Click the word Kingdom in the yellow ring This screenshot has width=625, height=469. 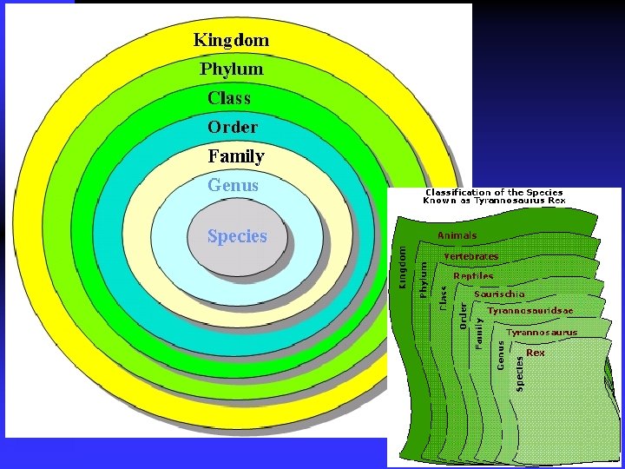click(x=231, y=39)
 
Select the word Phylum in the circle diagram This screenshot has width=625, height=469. click(x=231, y=69)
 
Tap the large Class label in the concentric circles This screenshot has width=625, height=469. click(x=229, y=97)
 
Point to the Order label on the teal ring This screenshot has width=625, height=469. click(x=233, y=127)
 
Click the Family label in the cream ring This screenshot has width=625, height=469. click(x=236, y=156)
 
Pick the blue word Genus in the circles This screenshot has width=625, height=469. click(x=233, y=185)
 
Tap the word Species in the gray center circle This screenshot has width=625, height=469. click(x=237, y=236)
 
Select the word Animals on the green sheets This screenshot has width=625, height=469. click(x=457, y=235)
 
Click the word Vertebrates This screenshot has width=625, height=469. click(x=470, y=256)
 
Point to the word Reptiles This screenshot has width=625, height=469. click(x=473, y=276)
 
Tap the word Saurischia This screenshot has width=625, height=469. click(x=499, y=294)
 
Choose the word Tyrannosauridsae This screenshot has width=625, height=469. click(x=530, y=310)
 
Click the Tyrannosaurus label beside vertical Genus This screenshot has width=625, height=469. click(x=542, y=332)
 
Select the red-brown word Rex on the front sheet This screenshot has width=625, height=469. click(x=536, y=353)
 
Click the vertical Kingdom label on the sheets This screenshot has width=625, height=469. click(x=402, y=265)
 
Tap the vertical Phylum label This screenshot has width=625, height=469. click(x=424, y=280)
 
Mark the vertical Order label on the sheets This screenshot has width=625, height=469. click(x=464, y=315)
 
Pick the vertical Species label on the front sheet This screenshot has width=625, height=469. click(x=520, y=372)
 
